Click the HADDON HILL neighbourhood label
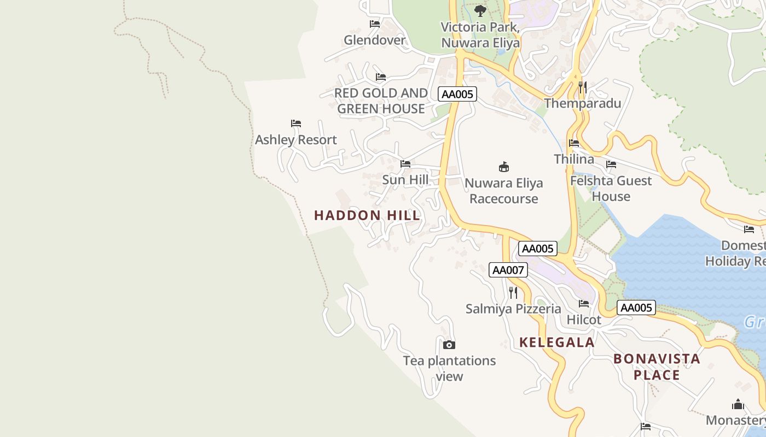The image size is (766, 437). [x=367, y=215]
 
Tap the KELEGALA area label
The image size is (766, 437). [x=556, y=342]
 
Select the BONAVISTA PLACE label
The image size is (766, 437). [x=657, y=367]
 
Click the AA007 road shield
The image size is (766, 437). [x=508, y=269]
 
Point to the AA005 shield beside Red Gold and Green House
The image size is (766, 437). [x=457, y=94]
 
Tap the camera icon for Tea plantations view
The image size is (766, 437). [x=449, y=345]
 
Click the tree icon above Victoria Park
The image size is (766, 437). [x=480, y=10]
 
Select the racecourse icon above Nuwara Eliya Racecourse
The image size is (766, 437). [x=504, y=167]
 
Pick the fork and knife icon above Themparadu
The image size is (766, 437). [x=583, y=87]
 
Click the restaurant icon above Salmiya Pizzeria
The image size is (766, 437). [x=513, y=293]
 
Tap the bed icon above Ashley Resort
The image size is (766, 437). [x=296, y=123]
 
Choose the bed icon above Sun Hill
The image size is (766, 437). [x=405, y=164]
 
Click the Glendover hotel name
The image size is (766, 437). [x=375, y=40]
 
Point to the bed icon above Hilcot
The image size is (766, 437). [x=584, y=304]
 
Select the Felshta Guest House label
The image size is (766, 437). [x=611, y=188]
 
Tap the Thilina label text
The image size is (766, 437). [x=573, y=159]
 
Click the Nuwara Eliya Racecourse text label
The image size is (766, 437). [x=503, y=191]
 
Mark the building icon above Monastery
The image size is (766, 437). [x=738, y=405]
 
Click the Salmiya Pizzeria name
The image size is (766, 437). [x=513, y=309]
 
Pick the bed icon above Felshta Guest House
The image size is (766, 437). [x=611, y=164]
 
